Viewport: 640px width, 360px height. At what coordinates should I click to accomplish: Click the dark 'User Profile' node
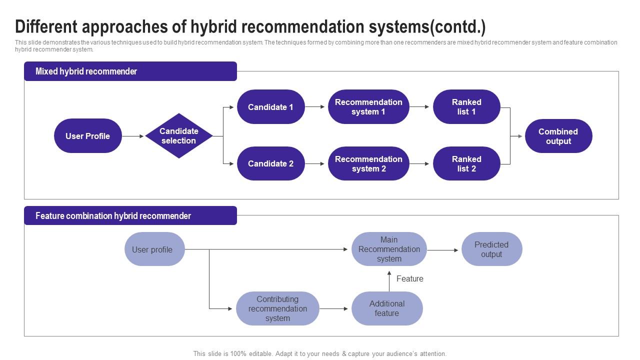[88, 136]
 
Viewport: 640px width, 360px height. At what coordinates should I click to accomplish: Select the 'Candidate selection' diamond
[179, 136]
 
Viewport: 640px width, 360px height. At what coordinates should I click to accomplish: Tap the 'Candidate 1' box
[270, 107]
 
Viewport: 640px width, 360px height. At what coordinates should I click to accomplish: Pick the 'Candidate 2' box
[270, 163]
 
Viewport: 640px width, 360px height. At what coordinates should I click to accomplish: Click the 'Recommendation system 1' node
[368, 107]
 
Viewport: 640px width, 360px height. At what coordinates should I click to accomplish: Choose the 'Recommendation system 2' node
[368, 163]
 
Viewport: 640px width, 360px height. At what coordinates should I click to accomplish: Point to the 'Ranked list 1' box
[466, 107]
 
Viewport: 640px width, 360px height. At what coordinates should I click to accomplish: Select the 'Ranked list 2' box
[466, 163]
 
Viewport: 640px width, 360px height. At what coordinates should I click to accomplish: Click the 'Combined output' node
[558, 136]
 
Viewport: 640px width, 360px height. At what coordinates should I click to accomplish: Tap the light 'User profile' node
[154, 249]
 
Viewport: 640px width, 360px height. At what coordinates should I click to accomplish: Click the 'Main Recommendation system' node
[389, 249]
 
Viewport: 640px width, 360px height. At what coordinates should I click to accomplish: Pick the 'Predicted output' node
[491, 249]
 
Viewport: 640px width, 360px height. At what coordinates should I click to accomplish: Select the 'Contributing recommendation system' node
[277, 308]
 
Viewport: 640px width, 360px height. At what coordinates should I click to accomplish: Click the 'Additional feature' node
[387, 308]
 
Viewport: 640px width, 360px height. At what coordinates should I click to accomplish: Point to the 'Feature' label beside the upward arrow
[409, 279]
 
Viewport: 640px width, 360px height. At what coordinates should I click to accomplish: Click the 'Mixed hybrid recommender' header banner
[130, 71]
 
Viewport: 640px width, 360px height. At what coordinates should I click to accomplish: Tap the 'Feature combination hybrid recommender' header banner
[130, 216]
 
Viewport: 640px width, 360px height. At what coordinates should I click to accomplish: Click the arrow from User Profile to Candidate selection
[133, 136]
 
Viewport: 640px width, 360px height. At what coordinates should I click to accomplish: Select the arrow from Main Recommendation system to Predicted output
[442, 250]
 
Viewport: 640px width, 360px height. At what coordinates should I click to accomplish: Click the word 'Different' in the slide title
[46, 26]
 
